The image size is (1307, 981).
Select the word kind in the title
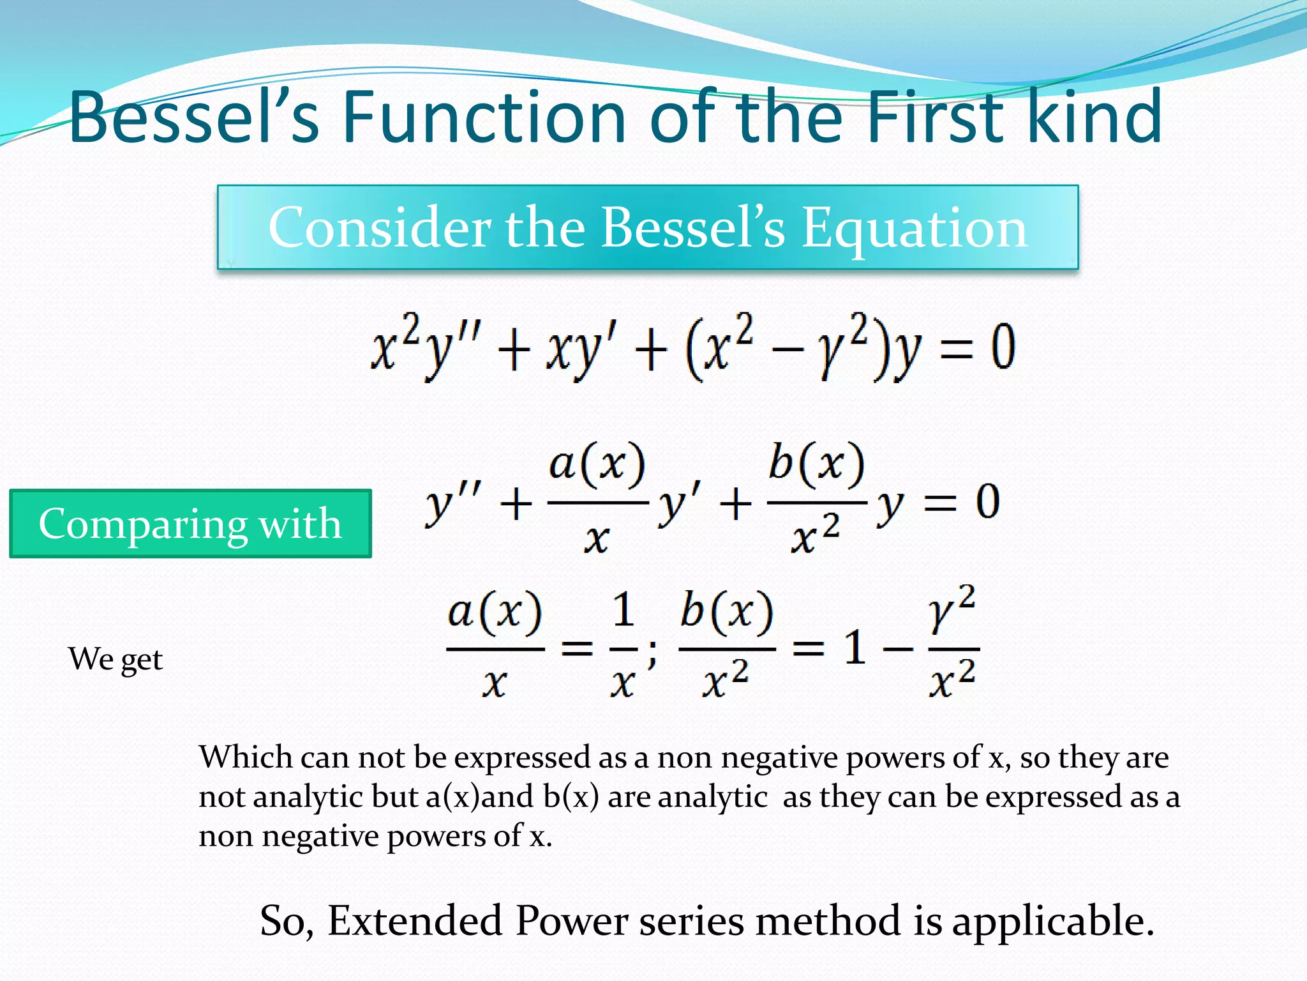click(1094, 117)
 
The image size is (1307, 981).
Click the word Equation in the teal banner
click(914, 228)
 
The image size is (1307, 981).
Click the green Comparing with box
click(190, 524)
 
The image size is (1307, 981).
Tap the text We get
click(116, 658)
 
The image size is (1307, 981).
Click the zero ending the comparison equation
click(987, 501)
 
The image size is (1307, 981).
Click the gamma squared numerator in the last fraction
click(952, 611)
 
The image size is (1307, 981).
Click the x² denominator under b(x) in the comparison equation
click(815, 537)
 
